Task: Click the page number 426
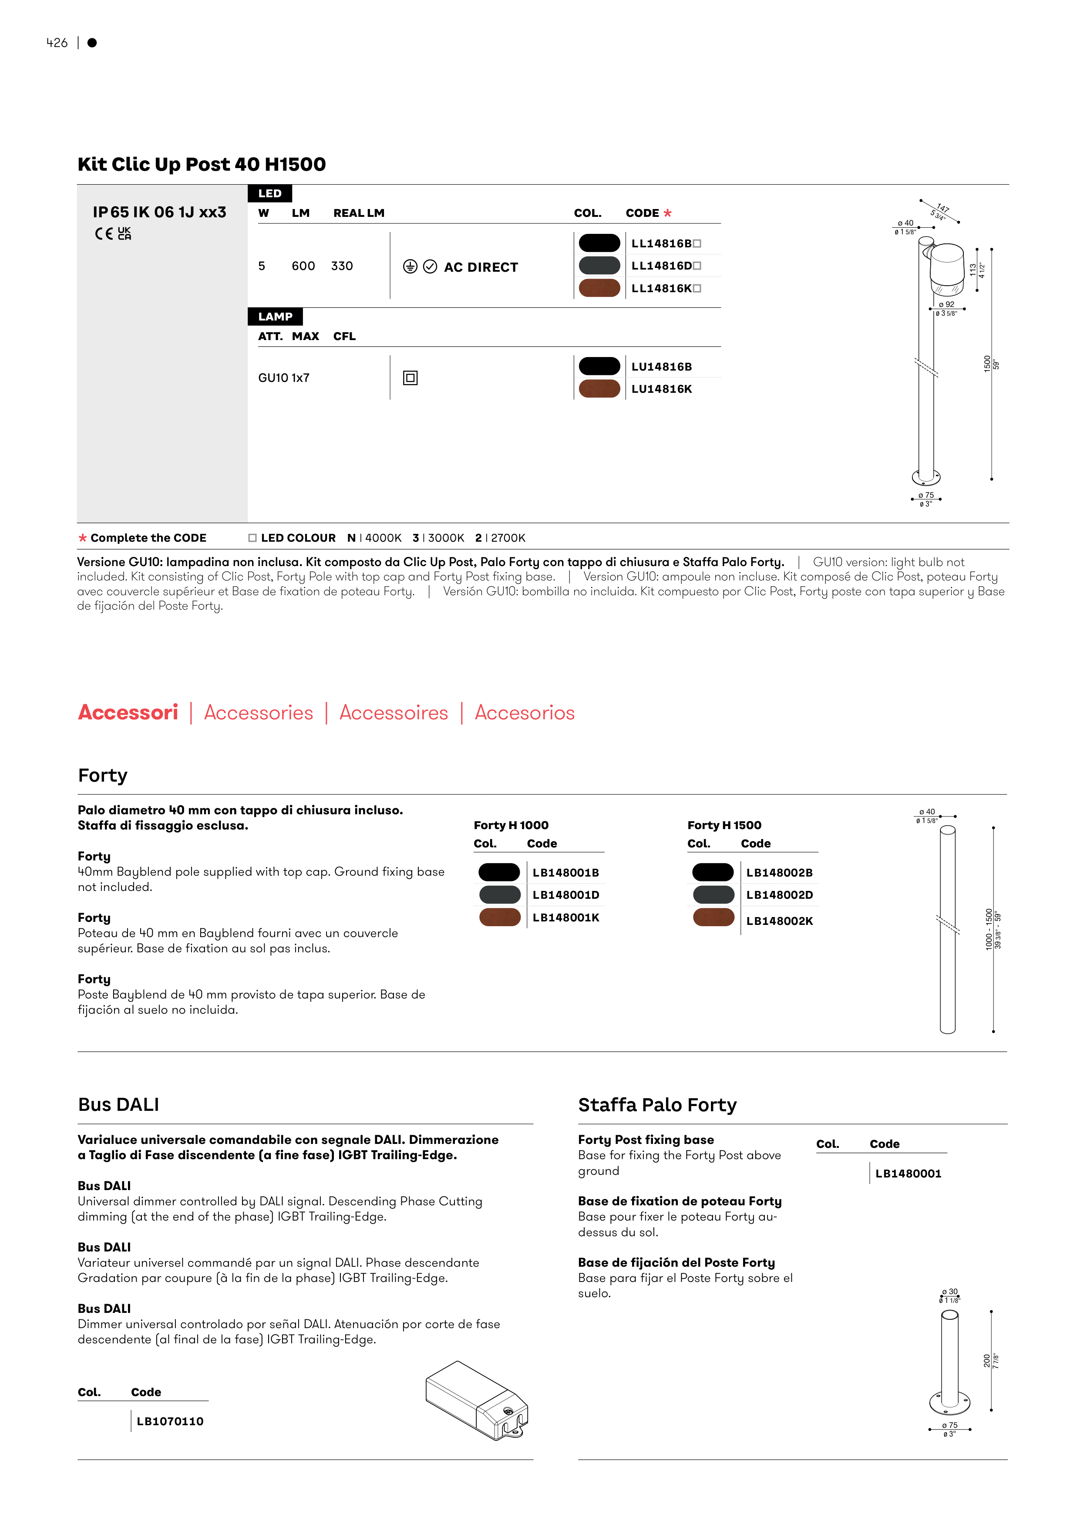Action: (x=57, y=43)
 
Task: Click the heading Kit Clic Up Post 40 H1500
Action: (x=202, y=164)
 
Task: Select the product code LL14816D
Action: (x=662, y=266)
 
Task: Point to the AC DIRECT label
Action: (x=481, y=267)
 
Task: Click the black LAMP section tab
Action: (x=275, y=316)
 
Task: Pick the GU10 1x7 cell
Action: (x=284, y=378)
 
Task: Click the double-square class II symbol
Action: (x=411, y=378)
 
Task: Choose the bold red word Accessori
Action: (x=128, y=712)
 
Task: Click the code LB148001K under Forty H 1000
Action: (x=566, y=918)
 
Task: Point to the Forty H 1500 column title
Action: (x=724, y=825)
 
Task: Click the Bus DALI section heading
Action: (x=118, y=1105)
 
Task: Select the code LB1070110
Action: (x=170, y=1421)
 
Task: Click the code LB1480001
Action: (x=908, y=1174)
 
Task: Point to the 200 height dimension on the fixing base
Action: (x=986, y=1360)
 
